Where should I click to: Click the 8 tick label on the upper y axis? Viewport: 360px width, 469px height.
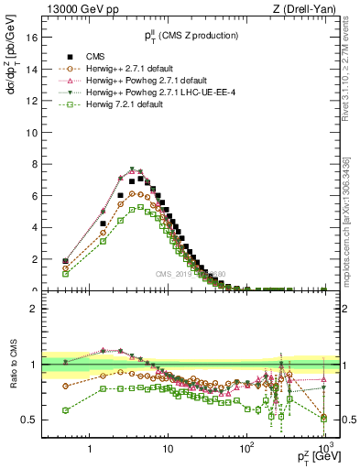click(33, 164)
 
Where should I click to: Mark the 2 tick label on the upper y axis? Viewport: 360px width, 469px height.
click(33, 259)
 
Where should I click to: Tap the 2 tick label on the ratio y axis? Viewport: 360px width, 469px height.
click(33, 309)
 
